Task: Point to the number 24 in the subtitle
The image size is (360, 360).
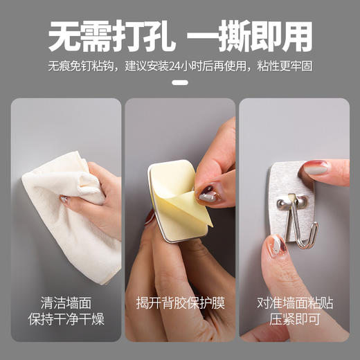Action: tap(182, 67)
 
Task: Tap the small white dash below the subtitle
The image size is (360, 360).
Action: tap(180, 82)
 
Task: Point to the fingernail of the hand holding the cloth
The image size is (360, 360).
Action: tap(64, 199)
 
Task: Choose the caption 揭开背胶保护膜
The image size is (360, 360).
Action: tap(180, 303)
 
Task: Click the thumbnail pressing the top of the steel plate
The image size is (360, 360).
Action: tap(316, 168)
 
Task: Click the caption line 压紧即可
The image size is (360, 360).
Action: tap(294, 320)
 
